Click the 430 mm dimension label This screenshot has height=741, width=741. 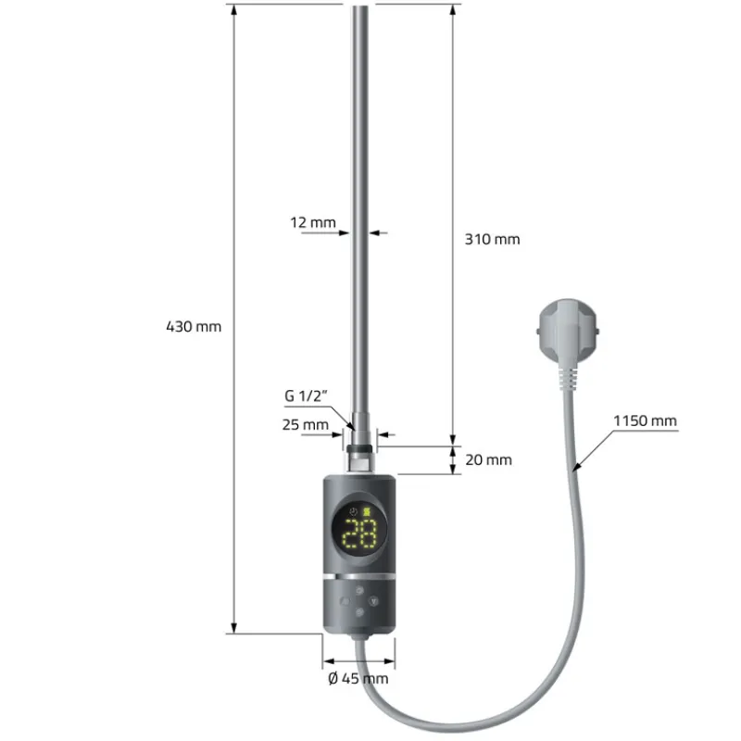point(194,326)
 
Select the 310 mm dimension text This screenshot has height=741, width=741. point(492,239)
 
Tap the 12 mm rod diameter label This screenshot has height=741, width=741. point(312,222)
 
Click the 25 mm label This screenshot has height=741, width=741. point(306,425)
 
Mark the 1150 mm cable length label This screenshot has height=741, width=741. point(645,421)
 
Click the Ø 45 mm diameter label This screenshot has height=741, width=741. point(358,679)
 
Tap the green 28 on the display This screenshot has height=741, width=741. point(359,534)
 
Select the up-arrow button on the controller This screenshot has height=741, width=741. point(359,587)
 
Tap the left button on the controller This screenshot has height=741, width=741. point(345,600)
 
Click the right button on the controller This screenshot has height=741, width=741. point(374,600)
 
